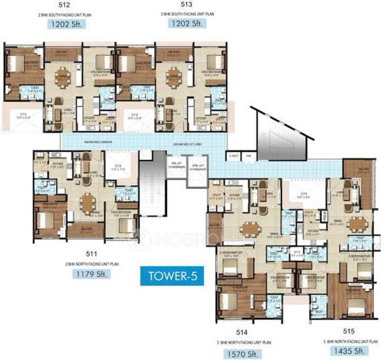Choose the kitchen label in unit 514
click(235, 196)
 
